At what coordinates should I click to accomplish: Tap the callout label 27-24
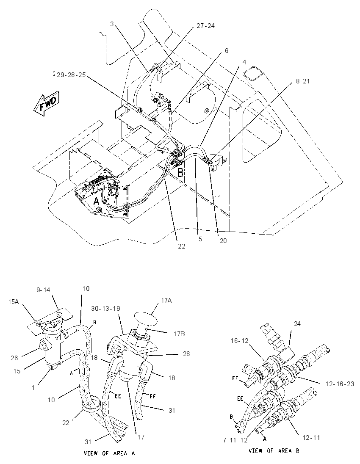pyautogui.click(x=206, y=26)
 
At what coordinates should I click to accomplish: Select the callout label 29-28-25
pyautogui.click(x=71, y=75)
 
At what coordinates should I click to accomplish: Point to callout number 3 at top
pyautogui.click(x=112, y=24)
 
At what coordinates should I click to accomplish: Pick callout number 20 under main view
pyautogui.click(x=223, y=241)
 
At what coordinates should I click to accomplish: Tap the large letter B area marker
pyautogui.click(x=180, y=173)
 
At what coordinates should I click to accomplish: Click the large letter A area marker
pyautogui.click(x=96, y=202)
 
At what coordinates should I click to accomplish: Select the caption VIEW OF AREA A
pyautogui.click(x=110, y=453)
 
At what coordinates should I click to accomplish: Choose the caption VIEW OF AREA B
pyautogui.click(x=274, y=451)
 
